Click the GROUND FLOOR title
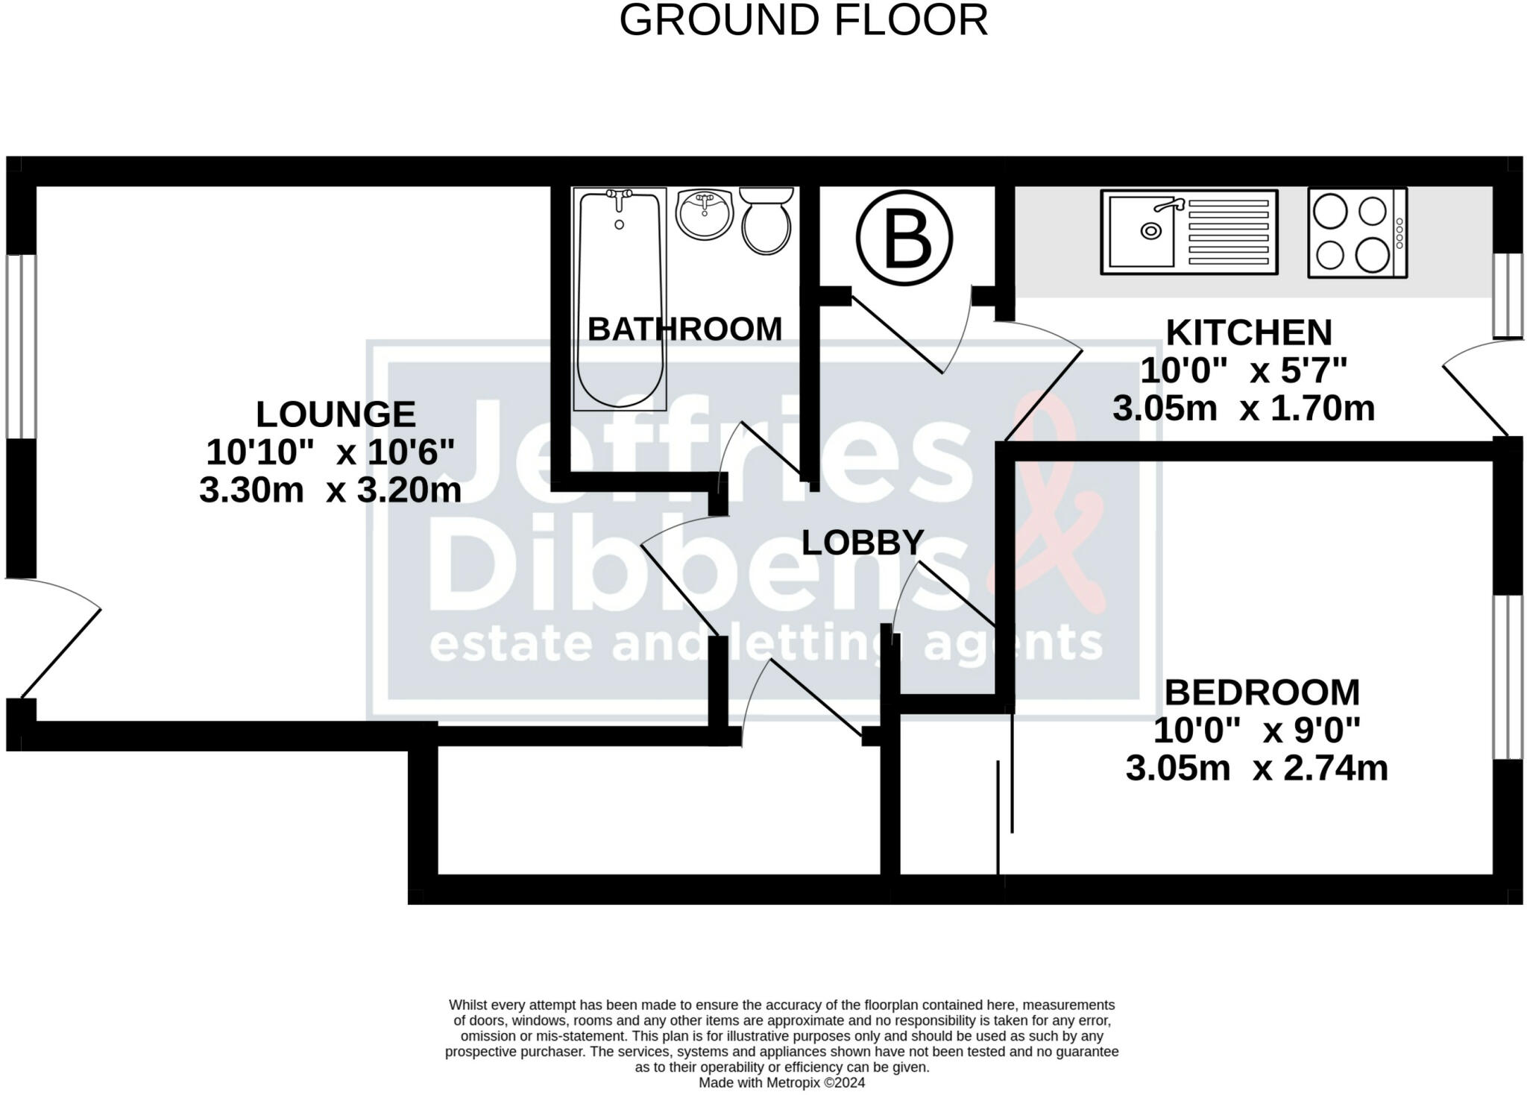(804, 21)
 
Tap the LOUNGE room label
(336, 414)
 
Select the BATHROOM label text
(685, 329)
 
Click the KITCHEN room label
(1249, 332)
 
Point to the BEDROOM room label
(1262, 692)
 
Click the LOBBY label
(863, 543)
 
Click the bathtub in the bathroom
(620, 298)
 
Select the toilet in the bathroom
(766, 221)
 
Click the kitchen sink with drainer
(1189, 231)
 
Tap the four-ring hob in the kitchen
(1357, 233)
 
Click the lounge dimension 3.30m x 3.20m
(330, 490)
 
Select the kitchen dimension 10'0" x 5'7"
(1244, 370)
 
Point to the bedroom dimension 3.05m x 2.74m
(1257, 769)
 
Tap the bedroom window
(1508, 677)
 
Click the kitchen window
(1508, 295)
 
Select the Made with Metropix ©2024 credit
(782, 1082)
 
